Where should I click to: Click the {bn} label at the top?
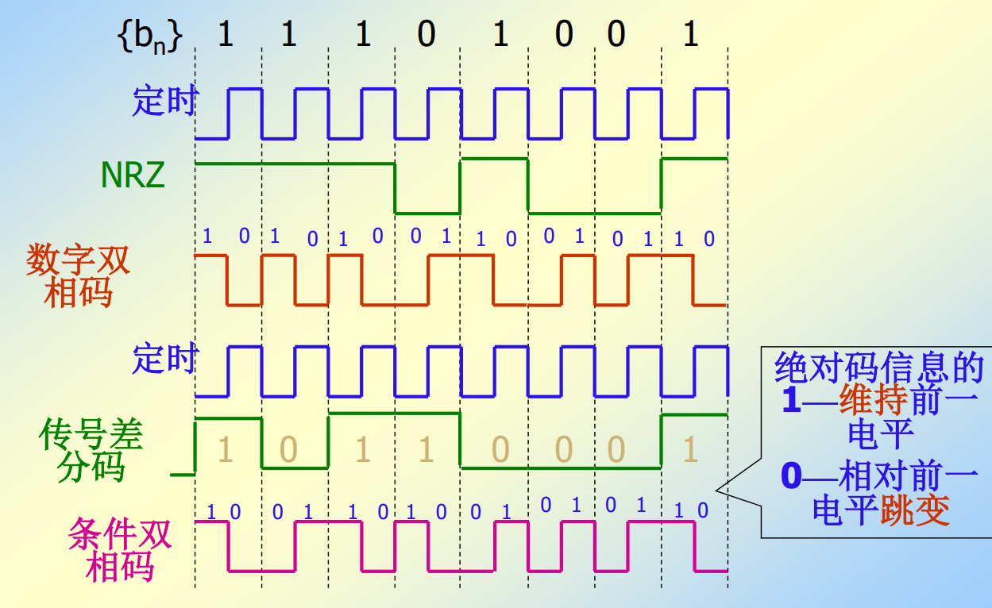tap(150, 37)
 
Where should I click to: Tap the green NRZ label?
tap(133, 174)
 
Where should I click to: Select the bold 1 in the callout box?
tap(791, 402)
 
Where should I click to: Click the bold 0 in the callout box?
tap(793, 477)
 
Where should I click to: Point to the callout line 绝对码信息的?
tap(878, 367)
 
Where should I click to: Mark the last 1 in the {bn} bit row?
tap(690, 36)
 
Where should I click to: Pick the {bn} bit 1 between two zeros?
tap(500, 36)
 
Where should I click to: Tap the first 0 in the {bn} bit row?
tap(427, 36)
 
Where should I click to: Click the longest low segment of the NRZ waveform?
tap(594, 212)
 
